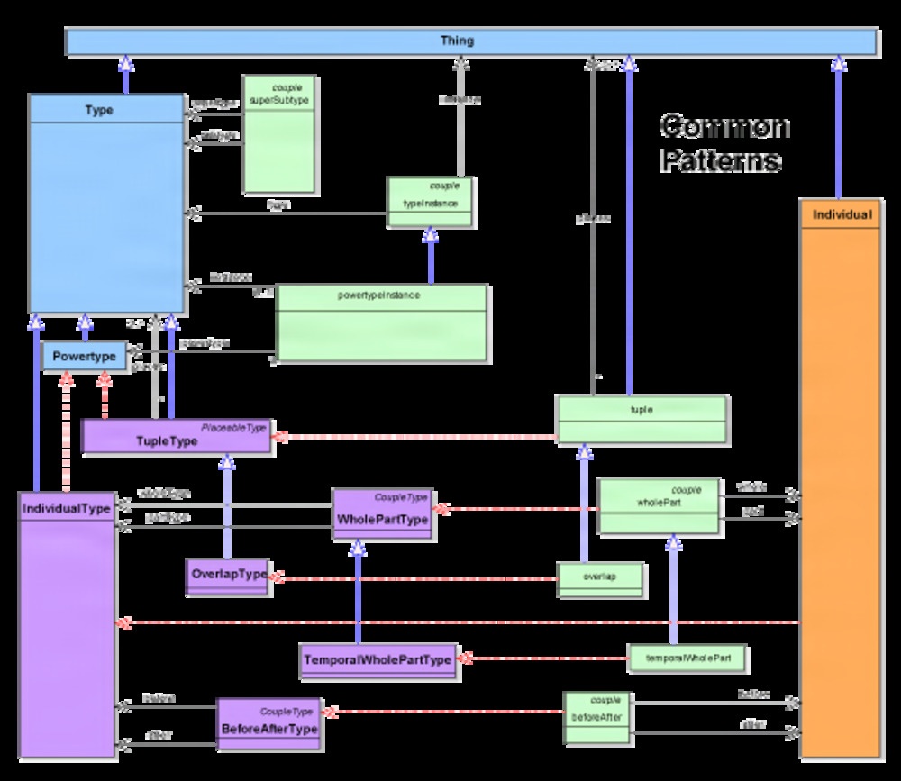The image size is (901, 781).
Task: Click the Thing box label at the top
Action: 457,41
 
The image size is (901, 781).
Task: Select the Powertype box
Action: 84,357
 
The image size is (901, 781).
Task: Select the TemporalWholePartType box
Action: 378,660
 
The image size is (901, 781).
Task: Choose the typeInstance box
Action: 431,202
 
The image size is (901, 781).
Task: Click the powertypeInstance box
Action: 382,323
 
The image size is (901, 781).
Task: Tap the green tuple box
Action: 642,420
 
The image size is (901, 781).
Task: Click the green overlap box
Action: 600,579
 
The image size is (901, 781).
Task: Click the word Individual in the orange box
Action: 842,215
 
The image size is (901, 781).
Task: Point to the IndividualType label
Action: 66,509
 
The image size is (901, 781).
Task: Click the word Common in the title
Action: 724,126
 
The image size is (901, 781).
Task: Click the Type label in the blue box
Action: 99,110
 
